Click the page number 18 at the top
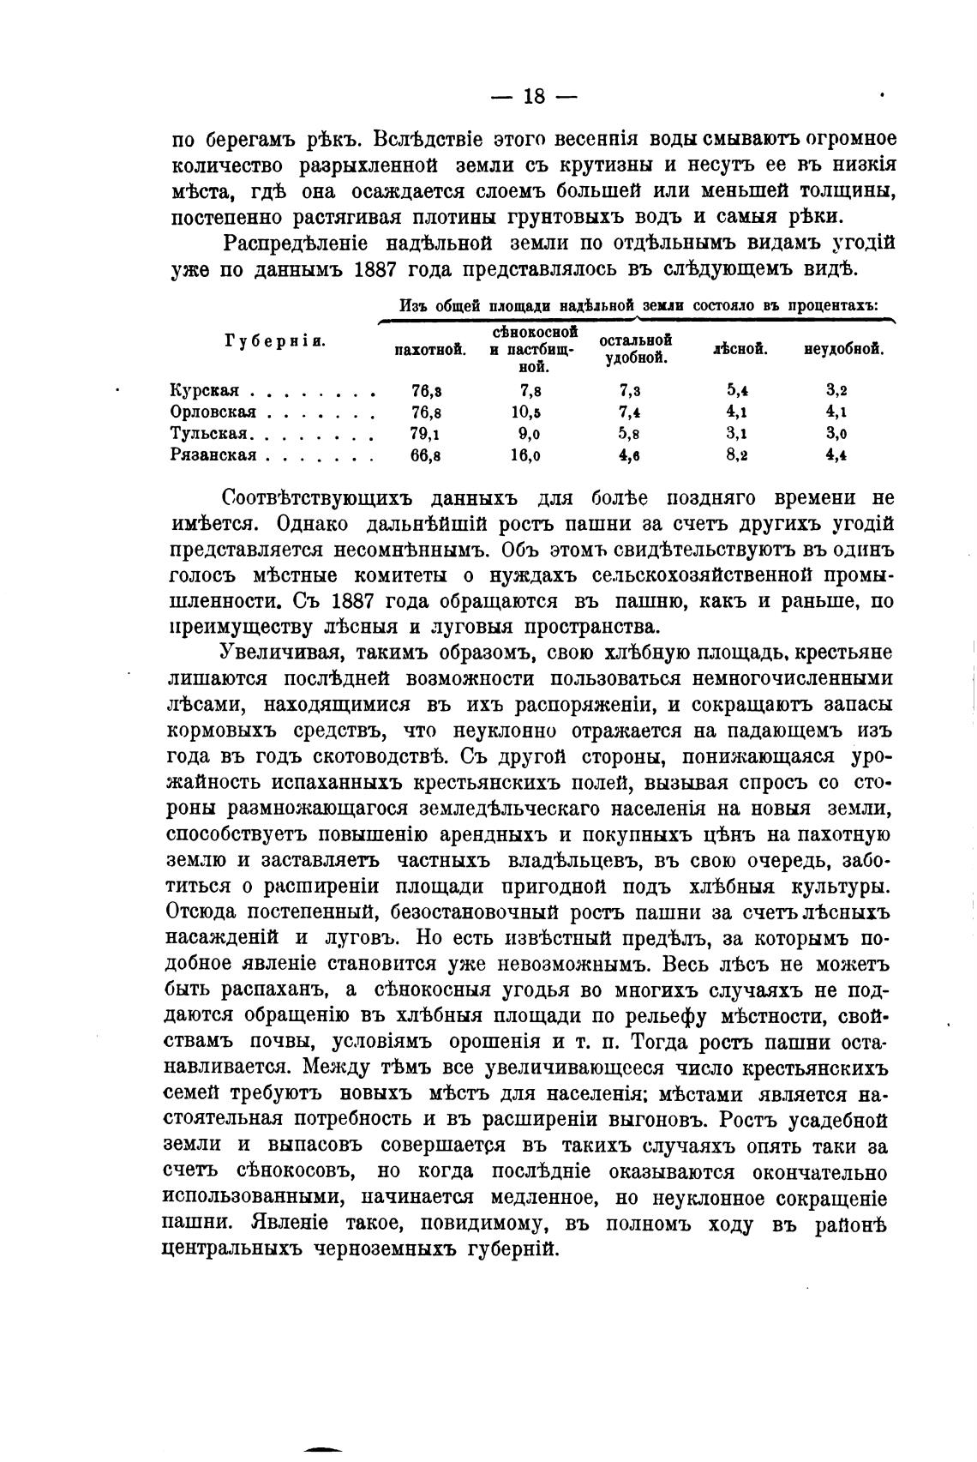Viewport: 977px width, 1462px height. [x=532, y=97]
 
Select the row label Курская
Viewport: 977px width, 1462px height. [x=204, y=391]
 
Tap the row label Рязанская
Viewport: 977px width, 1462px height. [x=213, y=455]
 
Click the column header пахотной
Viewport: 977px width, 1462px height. [x=430, y=350]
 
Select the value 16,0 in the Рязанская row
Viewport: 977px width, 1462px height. [x=524, y=455]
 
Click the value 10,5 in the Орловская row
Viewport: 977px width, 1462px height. [x=524, y=412]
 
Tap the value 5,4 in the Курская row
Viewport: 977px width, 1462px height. [x=737, y=391]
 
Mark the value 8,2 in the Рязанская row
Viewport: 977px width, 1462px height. [x=737, y=455]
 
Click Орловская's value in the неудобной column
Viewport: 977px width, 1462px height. [x=837, y=412]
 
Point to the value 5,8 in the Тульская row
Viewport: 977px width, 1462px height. [x=631, y=434]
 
